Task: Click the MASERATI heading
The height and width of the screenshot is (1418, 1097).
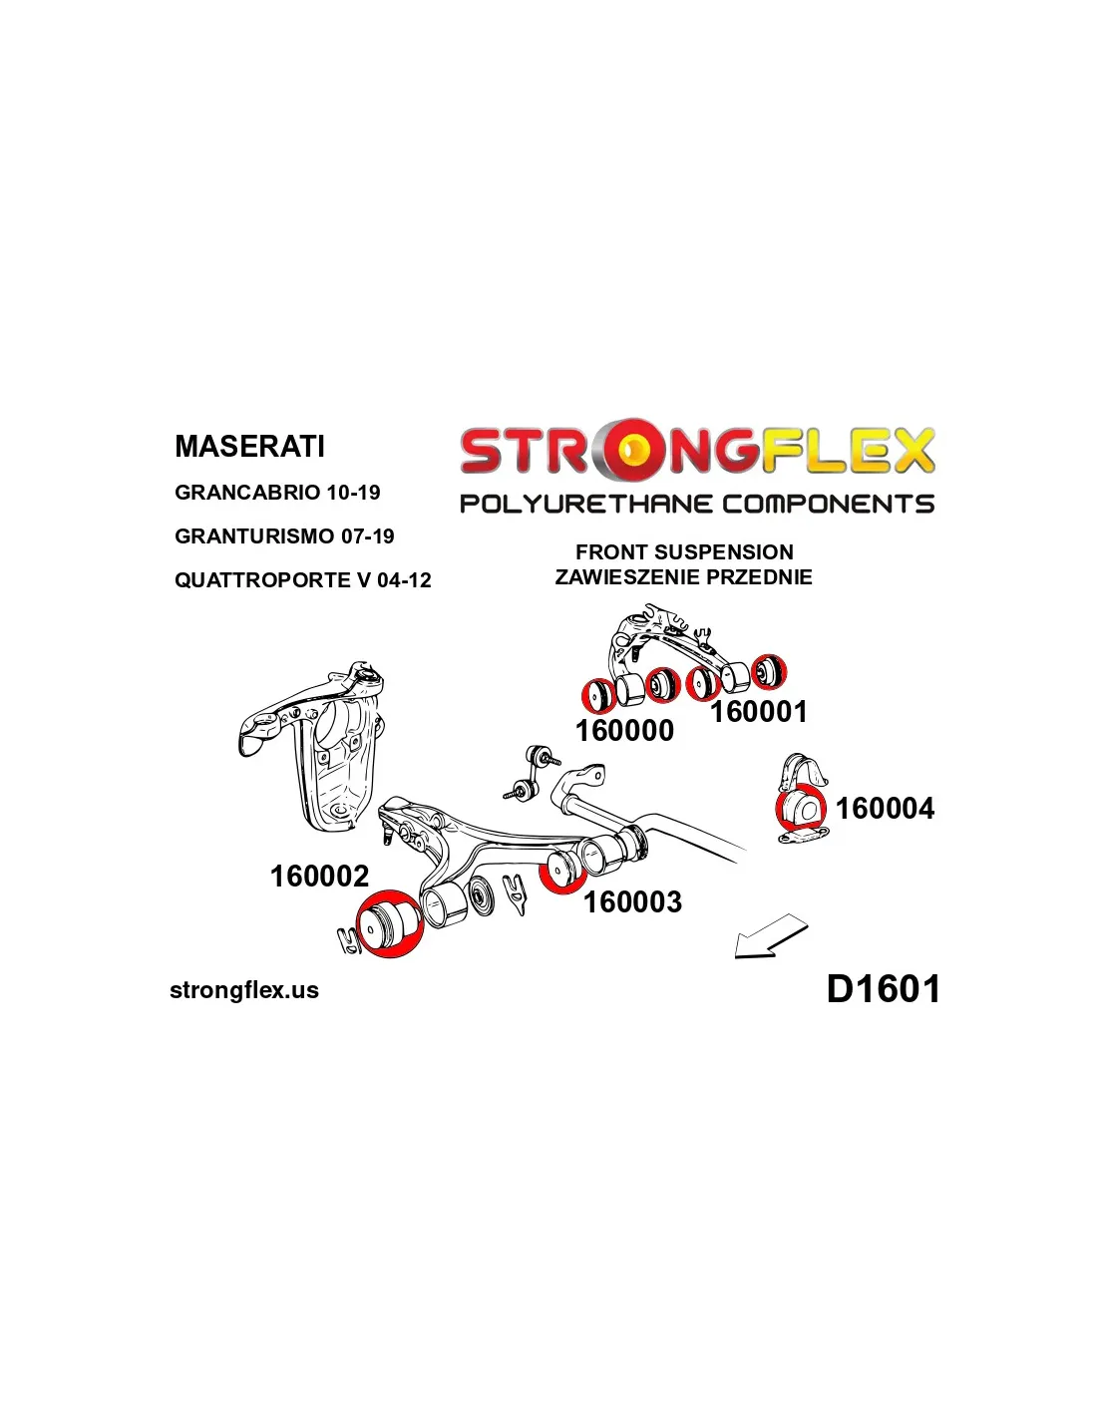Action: click(x=249, y=446)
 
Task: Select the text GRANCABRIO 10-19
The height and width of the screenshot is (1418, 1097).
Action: click(x=277, y=493)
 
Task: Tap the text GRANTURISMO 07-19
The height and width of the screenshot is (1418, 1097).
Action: click(x=284, y=536)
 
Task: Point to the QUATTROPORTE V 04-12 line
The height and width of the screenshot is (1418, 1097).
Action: click(x=302, y=580)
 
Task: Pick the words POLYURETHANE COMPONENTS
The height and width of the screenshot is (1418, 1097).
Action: click(x=696, y=504)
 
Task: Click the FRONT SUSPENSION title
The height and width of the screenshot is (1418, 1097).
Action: click(x=684, y=552)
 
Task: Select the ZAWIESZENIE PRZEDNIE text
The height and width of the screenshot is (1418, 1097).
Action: click(x=683, y=577)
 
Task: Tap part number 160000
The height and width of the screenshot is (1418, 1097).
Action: click(x=624, y=731)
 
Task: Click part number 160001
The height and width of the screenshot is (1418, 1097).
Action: click(x=758, y=712)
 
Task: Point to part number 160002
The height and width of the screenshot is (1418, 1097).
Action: click(x=319, y=877)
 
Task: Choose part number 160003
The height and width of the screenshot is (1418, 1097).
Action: click(x=632, y=902)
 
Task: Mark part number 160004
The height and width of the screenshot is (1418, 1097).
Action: click(x=885, y=809)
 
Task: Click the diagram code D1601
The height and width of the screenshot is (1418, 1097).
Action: click(x=883, y=989)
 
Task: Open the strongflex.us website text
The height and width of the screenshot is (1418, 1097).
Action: click(x=244, y=990)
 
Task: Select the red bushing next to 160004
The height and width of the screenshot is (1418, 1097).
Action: click(x=800, y=809)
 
